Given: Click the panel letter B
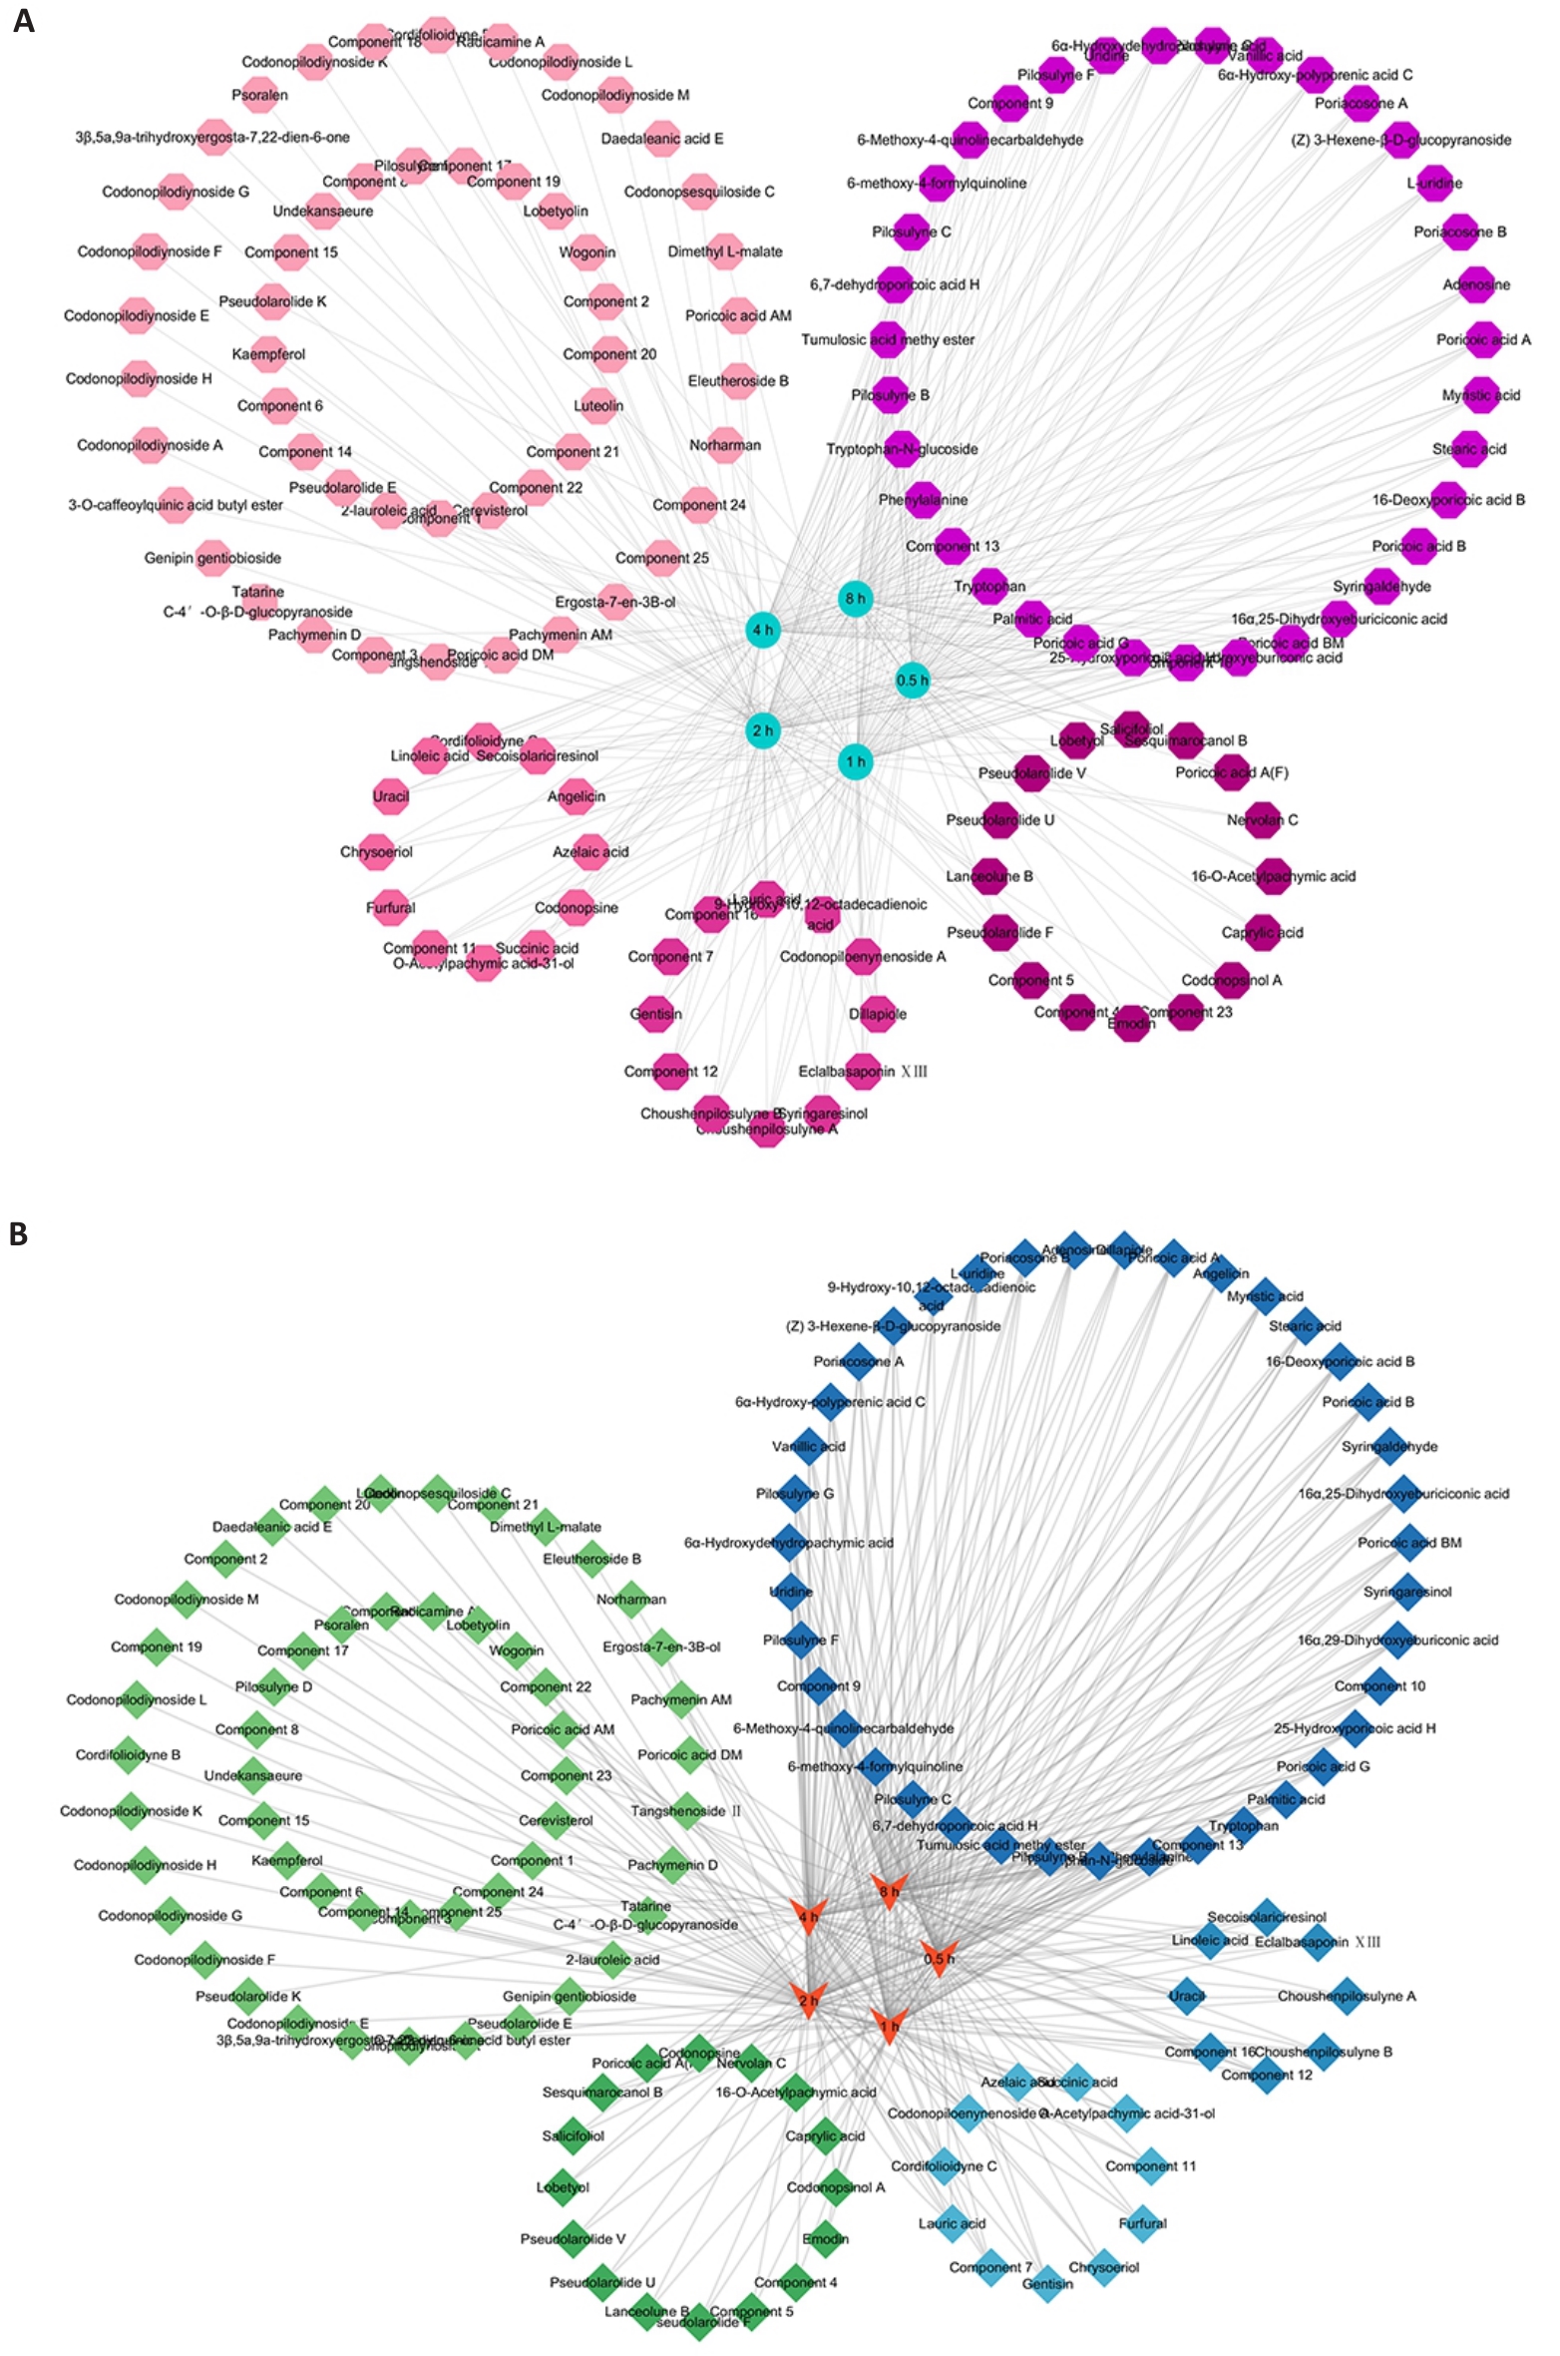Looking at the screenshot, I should click(x=19, y=1234).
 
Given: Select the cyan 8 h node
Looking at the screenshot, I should click(x=855, y=599).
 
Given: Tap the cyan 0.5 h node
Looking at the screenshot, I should click(x=912, y=681).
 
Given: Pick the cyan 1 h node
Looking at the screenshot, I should click(x=855, y=761).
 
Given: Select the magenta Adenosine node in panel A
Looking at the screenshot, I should click(x=1475, y=284).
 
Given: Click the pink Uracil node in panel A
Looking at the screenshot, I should click(x=391, y=796).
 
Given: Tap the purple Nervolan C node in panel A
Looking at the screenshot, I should click(x=1263, y=820).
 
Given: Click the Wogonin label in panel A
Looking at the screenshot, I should click(x=586, y=252).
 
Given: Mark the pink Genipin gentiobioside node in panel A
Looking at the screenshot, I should click(x=213, y=558).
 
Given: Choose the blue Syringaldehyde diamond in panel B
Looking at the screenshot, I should click(x=1390, y=1446).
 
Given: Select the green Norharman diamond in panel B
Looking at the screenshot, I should click(x=631, y=1599).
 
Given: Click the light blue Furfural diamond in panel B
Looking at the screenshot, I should click(x=1142, y=2223).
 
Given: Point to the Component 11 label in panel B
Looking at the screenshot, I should click(x=1149, y=2166).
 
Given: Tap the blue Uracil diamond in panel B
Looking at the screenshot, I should click(x=1187, y=1997).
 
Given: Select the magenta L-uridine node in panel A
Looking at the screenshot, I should click(x=1434, y=183).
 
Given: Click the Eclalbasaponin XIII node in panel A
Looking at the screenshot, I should click(x=863, y=1071).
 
